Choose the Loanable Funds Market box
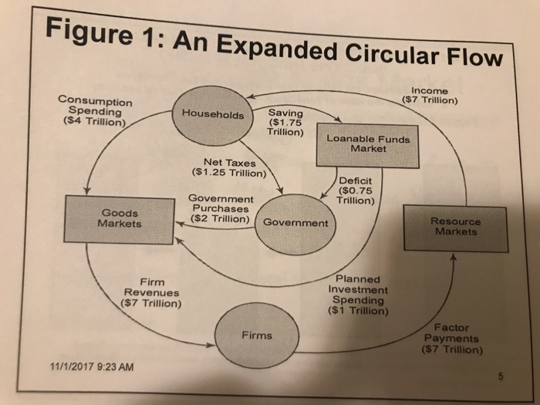coord(367,145)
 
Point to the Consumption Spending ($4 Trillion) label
coord(93,113)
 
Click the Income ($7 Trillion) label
coord(430,95)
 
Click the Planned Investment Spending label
coord(356,295)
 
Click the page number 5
coord(501,377)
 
